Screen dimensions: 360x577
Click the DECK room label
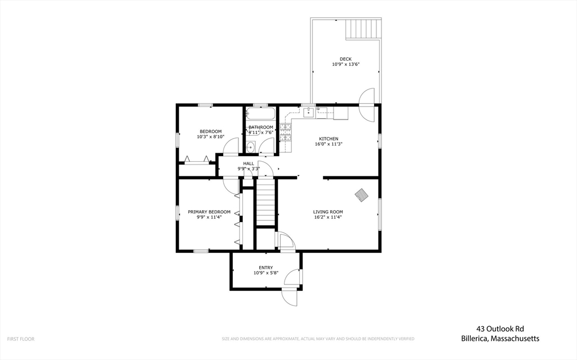click(345, 59)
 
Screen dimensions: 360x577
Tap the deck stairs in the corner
click(363, 29)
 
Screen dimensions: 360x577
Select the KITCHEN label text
click(329, 139)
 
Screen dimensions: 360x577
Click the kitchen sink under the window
click(309, 113)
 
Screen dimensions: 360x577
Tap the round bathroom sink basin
click(250, 148)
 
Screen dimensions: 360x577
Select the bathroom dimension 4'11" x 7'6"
click(261, 133)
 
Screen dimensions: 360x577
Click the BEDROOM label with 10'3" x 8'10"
click(210, 131)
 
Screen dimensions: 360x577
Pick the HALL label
click(248, 163)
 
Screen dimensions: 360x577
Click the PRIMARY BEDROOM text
click(209, 212)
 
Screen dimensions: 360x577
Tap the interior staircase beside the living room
click(265, 203)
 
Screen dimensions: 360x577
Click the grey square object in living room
click(361, 195)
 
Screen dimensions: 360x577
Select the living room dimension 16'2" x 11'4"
click(328, 217)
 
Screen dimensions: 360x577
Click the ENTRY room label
click(266, 268)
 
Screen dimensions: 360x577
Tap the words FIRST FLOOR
click(21, 339)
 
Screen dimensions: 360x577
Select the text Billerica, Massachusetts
click(500, 339)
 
